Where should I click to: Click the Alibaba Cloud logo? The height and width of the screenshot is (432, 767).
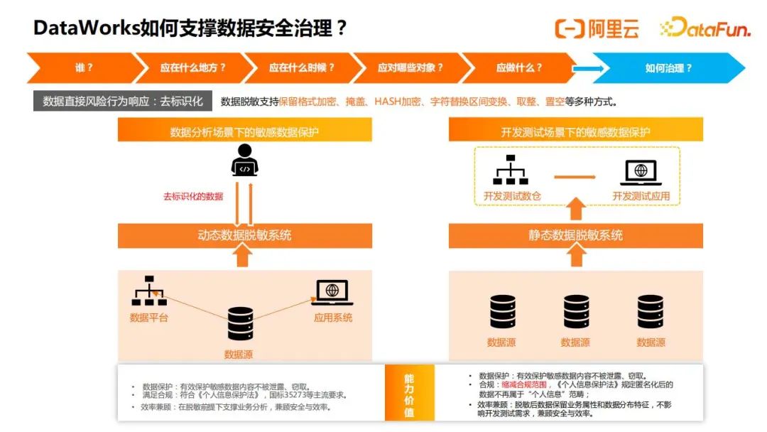tap(597, 28)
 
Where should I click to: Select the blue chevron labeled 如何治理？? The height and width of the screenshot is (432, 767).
tap(668, 68)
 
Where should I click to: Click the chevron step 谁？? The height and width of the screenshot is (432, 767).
tap(84, 68)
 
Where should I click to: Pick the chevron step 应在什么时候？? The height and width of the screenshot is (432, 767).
tap(301, 68)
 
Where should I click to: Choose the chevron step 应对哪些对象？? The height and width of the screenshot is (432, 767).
tap(410, 68)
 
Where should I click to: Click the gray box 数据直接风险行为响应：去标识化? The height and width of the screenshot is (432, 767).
tap(123, 102)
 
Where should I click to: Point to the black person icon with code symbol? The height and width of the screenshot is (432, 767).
tap(244, 160)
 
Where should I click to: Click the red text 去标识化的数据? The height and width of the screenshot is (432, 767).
tap(193, 197)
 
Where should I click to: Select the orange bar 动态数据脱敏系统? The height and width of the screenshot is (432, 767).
tap(244, 236)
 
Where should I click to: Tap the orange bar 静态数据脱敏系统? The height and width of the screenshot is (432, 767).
tap(575, 236)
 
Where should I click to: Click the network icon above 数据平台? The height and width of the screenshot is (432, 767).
tap(149, 291)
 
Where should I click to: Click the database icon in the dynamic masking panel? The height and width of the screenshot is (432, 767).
tap(240, 324)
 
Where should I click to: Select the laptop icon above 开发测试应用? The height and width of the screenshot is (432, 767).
tap(641, 173)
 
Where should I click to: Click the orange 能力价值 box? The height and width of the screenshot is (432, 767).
tap(408, 393)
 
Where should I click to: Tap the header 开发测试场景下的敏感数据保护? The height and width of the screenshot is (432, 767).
tap(575, 132)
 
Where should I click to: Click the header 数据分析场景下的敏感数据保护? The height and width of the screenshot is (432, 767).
tap(244, 132)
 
